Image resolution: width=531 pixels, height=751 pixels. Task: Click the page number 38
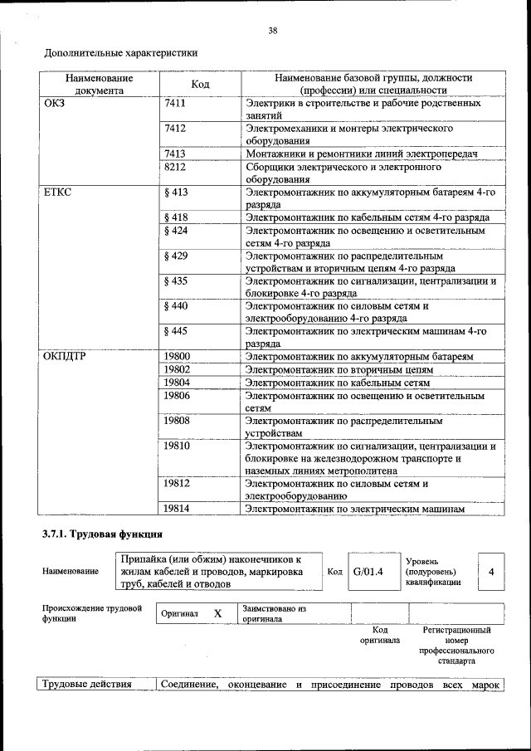[x=272, y=31]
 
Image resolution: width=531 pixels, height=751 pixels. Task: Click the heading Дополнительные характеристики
[x=120, y=54]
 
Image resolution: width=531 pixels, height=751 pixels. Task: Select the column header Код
[x=200, y=84]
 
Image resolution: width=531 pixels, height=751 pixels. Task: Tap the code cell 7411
[x=175, y=104]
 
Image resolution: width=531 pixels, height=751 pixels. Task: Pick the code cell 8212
[x=175, y=166]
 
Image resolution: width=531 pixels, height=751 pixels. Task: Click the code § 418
[x=177, y=217]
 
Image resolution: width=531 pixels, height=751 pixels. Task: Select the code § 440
[x=177, y=305]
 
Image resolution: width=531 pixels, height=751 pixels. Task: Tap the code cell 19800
[x=177, y=357]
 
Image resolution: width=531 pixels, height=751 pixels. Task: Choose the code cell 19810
[x=177, y=446]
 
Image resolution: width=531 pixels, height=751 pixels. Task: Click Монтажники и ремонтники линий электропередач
[x=362, y=154]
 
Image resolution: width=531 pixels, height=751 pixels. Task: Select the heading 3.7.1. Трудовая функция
[x=102, y=533]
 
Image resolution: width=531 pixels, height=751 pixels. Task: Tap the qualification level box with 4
[x=492, y=572]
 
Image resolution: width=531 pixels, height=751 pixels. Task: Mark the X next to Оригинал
[x=217, y=614]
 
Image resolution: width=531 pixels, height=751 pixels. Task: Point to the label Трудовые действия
[x=87, y=685]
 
